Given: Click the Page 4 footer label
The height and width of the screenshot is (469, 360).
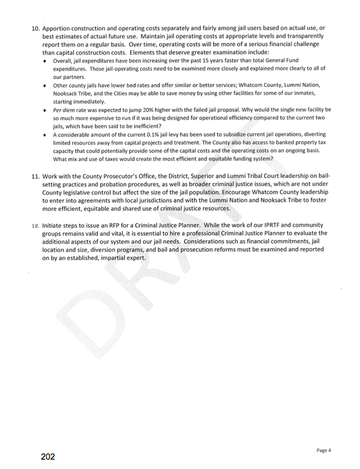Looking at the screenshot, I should (x=324, y=450).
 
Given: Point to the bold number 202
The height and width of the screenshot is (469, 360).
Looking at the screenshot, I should (x=48, y=457).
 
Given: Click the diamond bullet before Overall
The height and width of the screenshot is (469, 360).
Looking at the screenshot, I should (x=46, y=61).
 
